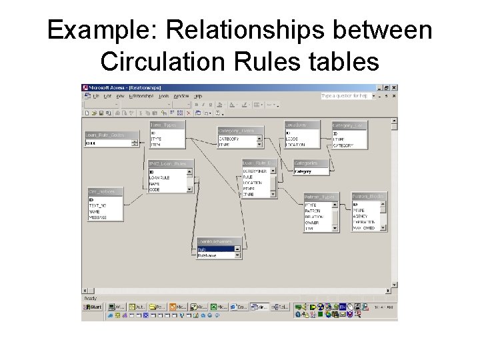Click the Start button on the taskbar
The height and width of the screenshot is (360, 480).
click(92, 307)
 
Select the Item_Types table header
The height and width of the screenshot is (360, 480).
click(167, 125)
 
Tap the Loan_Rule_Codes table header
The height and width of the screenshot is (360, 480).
click(111, 135)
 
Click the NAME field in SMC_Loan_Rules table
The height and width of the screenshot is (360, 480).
click(155, 184)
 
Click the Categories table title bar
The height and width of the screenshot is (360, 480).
click(311, 163)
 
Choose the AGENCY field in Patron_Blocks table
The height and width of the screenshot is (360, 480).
click(361, 217)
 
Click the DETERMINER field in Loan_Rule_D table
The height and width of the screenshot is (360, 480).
click(255, 171)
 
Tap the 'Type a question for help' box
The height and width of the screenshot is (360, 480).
click(345, 96)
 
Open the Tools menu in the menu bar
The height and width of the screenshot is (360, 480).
click(164, 96)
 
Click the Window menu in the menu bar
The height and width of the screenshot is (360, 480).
click(181, 96)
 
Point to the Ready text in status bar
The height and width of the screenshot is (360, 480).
click(90, 298)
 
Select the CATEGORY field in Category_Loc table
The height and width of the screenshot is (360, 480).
click(343, 145)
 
